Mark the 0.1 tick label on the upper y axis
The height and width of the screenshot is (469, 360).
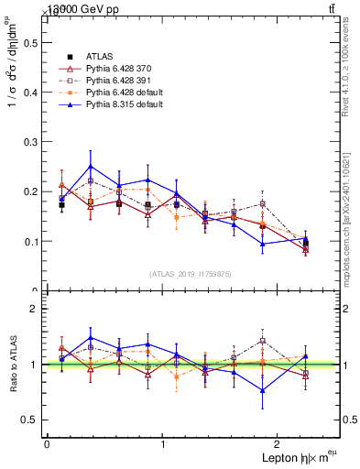pyautogui.click(x=28, y=242)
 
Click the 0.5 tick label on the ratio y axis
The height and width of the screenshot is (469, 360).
pyautogui.click(x=28, y=420)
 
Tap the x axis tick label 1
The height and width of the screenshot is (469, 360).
pyautogui.click(x=163, y=443)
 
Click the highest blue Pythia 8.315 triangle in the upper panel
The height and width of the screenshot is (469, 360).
pyautogui.click(x=90, y=167)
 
